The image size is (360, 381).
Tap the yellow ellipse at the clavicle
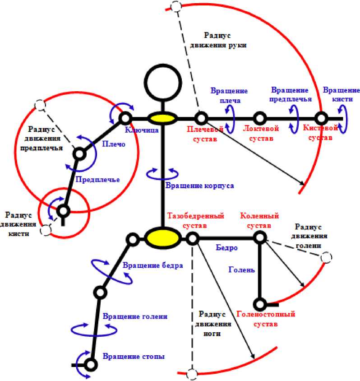tap(162, 119)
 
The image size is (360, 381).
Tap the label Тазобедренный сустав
tap(196, 220)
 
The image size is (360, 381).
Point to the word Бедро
tap(226, 248)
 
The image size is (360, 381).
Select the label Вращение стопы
tap(134, 356)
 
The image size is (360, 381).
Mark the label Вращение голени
tap(135, 316)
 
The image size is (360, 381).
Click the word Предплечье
tap(98, 180)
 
